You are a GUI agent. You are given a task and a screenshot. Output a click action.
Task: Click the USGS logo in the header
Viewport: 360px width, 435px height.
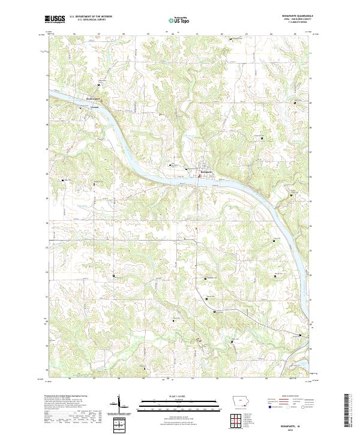tap(53, 20)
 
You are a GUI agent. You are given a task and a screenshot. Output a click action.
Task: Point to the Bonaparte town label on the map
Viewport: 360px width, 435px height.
tap(206, 172)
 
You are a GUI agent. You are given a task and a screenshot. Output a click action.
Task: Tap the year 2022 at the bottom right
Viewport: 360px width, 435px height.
tap(293, 427)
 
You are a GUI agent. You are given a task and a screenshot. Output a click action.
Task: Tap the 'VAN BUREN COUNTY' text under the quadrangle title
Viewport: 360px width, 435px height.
tap(297, 22)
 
